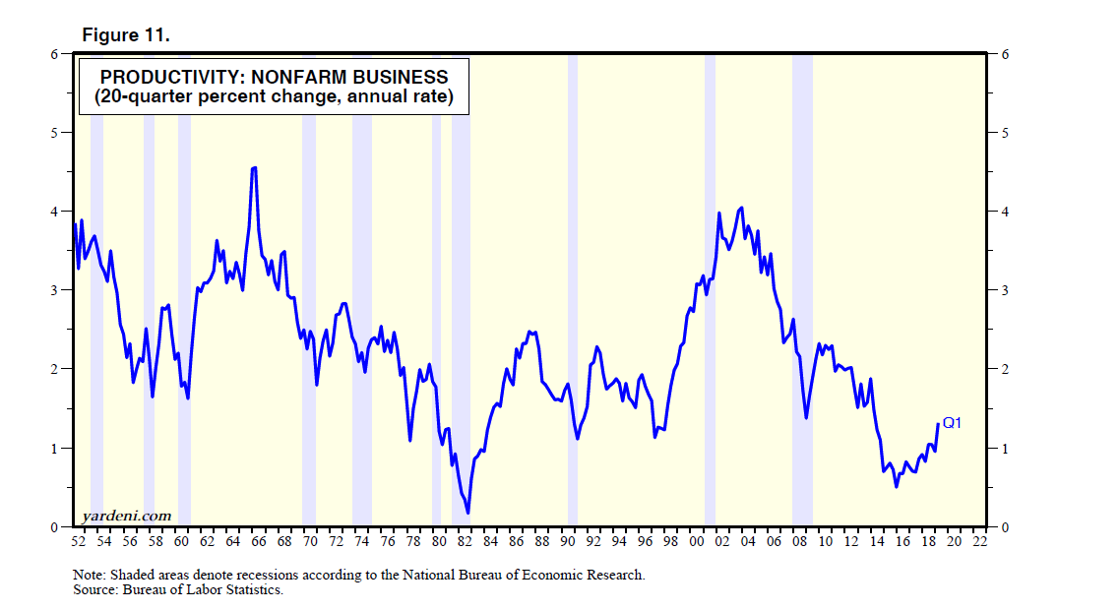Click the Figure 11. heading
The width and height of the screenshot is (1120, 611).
coord(125,35)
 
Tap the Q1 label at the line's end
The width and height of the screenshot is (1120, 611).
coord(952,423)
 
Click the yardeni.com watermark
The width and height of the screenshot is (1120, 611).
coord(126,516)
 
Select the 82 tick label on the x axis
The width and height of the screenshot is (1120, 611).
coord(465,541)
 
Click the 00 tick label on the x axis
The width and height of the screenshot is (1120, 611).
coord(697,541)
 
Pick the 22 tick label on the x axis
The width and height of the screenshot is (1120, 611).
coord(980,541)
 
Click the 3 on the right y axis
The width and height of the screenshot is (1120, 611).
coord(1004,290)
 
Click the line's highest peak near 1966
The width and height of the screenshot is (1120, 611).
coord(254,168)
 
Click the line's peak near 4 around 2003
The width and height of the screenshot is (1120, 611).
coord(741,208)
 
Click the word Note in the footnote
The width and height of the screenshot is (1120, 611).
coord(87,575)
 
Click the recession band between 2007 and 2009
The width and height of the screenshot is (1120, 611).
coord(802,295)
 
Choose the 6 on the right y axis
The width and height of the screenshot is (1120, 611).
coord(1004,54)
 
